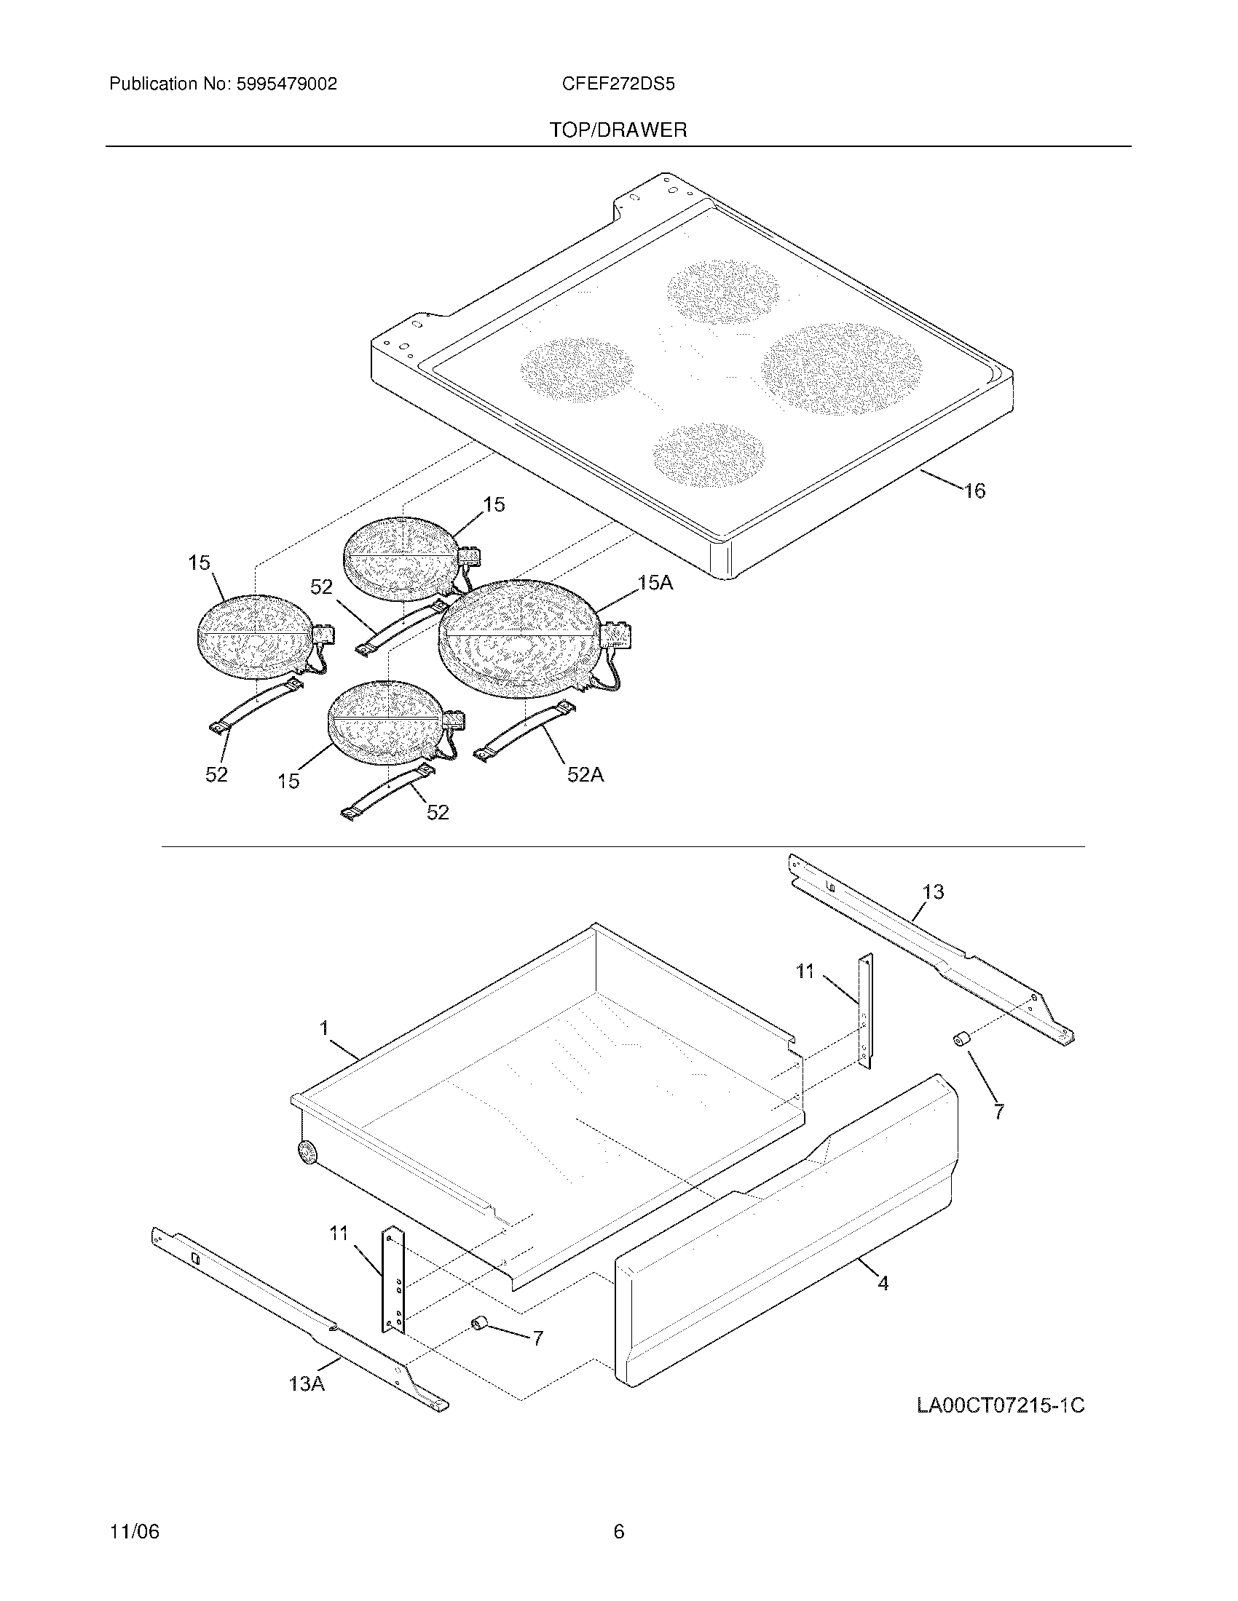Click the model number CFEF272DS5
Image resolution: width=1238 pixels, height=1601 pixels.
[x=618, y=84]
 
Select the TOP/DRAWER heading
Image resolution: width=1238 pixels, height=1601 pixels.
[x=618, y=130]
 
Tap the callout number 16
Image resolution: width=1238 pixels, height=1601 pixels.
[x=974, y=491]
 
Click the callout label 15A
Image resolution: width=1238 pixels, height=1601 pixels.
[x=655, y=583]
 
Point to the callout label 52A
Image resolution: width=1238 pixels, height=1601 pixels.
[x=585, y=774]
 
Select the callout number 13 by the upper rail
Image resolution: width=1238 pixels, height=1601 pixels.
[x=933, y=892]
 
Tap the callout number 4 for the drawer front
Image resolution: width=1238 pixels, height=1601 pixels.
[x=883, y=1283]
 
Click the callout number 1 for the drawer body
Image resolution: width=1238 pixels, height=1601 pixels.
[x=323, y=1028]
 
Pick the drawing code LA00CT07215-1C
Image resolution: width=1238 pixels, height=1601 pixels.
[x=1001, y=1406]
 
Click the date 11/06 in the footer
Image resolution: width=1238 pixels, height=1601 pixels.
[x=134, y=1532]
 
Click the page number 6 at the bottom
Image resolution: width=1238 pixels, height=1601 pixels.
[x=618, y=1532]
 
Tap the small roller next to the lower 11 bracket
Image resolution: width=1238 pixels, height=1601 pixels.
[x=480, y=1322]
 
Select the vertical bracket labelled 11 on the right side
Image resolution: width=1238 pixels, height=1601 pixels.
[x=866, y=1012]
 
